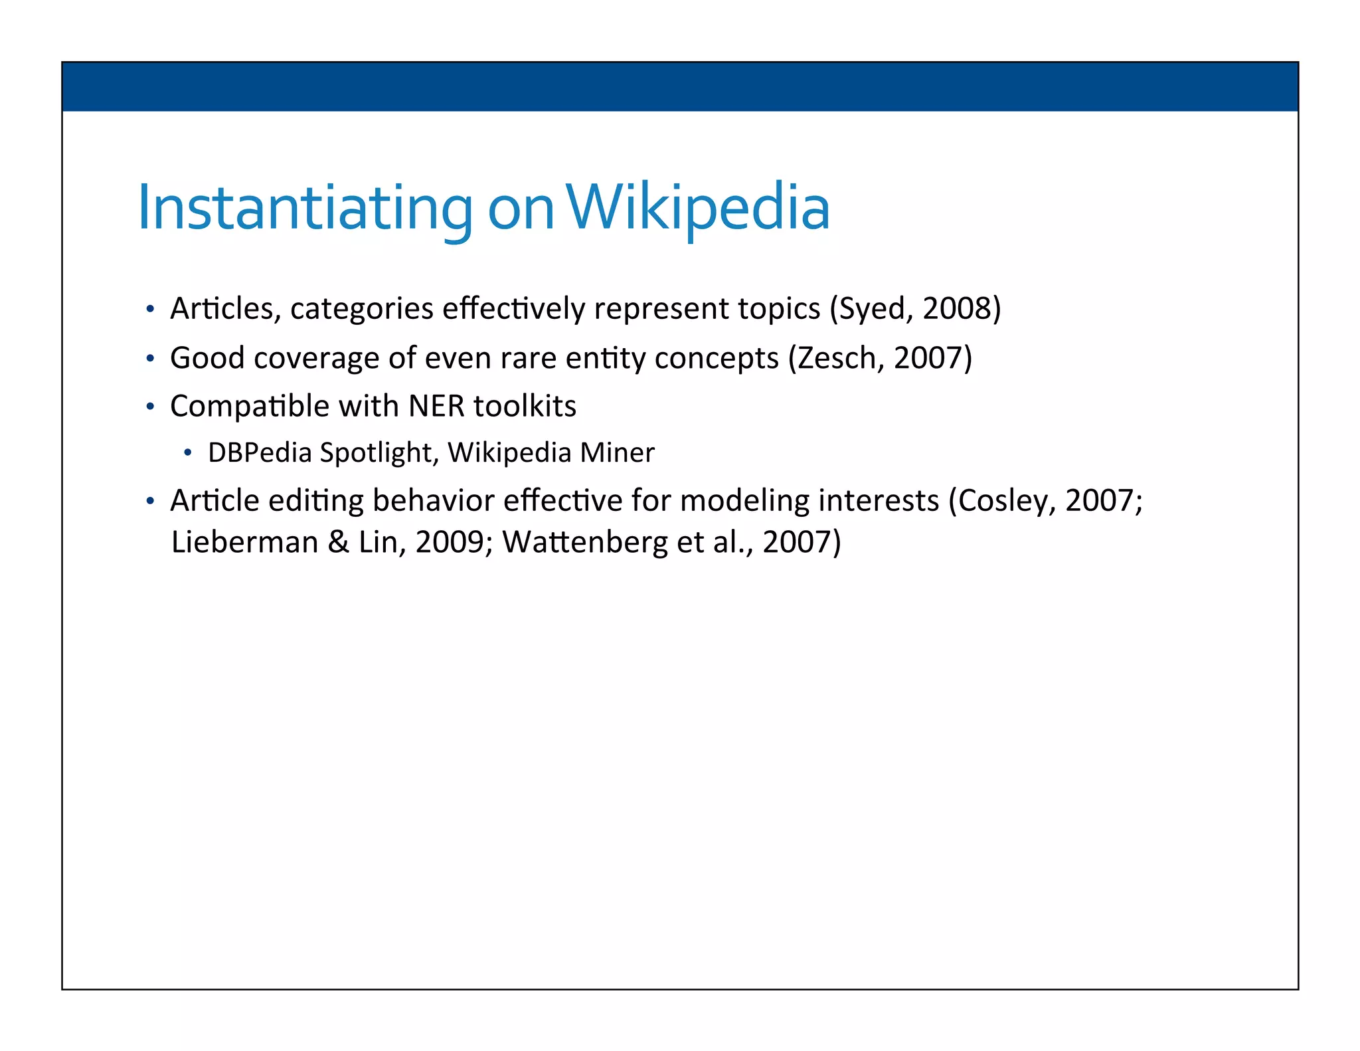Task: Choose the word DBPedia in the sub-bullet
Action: pos(260,453)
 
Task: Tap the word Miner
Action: pos(617,453)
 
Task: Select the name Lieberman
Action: pos(244,542)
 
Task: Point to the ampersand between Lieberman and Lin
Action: pos(338,542)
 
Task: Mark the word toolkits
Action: pos(525,406)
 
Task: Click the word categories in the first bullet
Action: pos(362,309)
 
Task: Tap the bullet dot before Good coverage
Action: pos(151,359)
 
